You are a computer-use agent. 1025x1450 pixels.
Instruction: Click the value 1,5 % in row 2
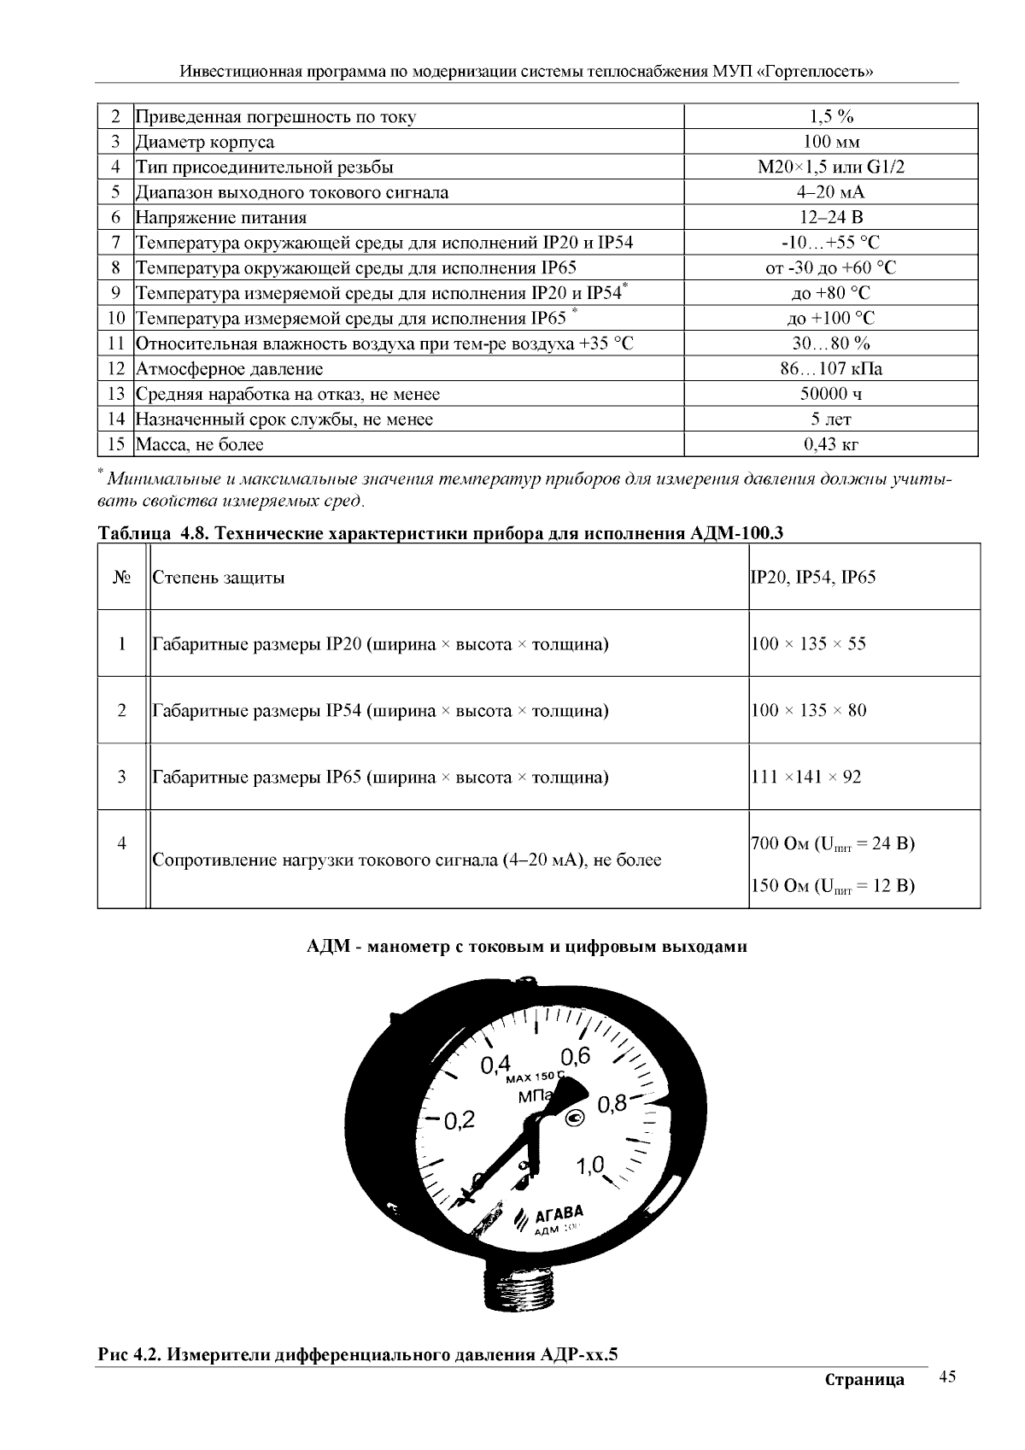[830, 117]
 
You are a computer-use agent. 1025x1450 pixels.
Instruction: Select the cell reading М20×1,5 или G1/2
[830, 167]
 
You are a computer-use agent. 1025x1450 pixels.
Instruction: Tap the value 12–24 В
[830, 218]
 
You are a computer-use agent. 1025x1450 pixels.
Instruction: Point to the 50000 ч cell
[830, 395]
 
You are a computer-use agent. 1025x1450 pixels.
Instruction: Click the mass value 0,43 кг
[830, 445]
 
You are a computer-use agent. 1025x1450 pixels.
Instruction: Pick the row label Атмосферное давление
[230, 370]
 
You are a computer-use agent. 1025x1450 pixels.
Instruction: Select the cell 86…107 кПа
[830, 370]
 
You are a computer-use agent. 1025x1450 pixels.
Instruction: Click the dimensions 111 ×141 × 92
[805, 777]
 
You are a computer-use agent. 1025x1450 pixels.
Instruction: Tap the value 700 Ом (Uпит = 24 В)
[832, 844]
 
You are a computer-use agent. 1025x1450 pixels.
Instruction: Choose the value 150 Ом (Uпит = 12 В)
[832, 886]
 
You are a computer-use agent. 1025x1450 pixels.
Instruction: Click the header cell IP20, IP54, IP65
[812, 578]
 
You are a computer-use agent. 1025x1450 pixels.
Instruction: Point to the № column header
[122, 578]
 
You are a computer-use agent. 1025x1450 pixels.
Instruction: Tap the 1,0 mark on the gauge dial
[589, 1165]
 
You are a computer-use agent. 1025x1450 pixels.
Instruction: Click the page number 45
[946, 1377]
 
